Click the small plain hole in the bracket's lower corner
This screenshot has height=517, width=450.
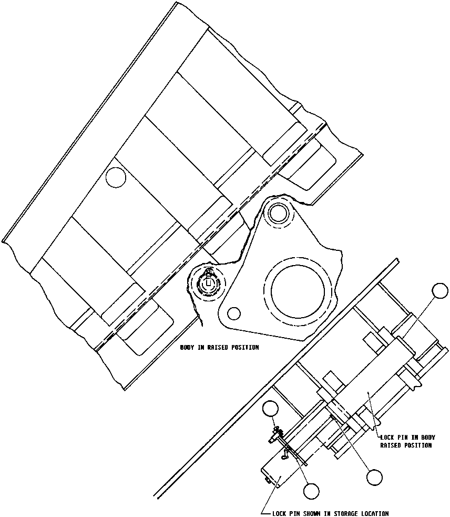(234, 313)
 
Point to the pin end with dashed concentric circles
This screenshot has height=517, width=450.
(209, 283)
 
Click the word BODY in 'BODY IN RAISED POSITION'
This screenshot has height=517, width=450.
(188, 348)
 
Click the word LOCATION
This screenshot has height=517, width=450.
(373, 513)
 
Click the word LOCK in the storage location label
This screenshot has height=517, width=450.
(280, 513)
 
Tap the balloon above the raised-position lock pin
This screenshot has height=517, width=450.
(439, 290)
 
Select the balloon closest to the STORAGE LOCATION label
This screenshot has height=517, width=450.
(311, 491)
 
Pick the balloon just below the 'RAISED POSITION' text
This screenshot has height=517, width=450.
(374, 477)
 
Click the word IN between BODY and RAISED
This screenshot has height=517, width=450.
(202, 348)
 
